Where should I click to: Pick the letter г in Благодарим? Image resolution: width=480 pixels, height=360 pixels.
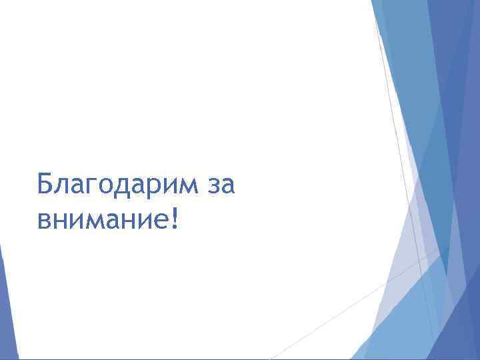[x=87, y=185]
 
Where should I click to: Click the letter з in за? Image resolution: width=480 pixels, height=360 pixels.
[x=213, y=185]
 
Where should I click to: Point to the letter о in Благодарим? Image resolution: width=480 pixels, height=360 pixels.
[x=102, y=185]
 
